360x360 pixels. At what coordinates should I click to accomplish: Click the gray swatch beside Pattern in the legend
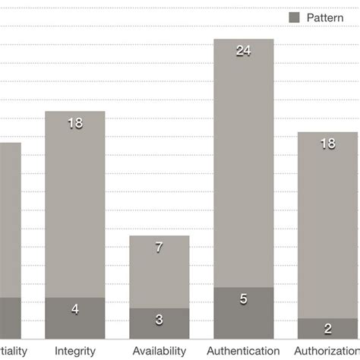point(294,16)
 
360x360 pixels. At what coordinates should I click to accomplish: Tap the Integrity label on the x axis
point(75,351)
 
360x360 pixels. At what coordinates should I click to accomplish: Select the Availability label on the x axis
point(159,351)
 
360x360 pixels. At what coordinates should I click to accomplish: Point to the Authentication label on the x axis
point(243,351)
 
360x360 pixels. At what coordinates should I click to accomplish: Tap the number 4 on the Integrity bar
point(75,309)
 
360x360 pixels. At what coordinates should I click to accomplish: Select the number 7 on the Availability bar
point(159,248)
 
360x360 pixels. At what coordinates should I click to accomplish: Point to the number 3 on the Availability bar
point(159,320)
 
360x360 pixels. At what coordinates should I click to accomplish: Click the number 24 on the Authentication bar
point(243,52)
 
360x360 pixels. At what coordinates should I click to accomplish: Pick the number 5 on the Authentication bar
point(243,299)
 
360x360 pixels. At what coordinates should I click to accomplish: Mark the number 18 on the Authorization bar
point(328,144)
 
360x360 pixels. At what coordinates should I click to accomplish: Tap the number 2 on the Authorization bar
point(328,330)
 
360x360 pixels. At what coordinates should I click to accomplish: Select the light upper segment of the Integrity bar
point(75,213)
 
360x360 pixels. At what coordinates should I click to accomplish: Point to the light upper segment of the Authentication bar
point(243,175)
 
